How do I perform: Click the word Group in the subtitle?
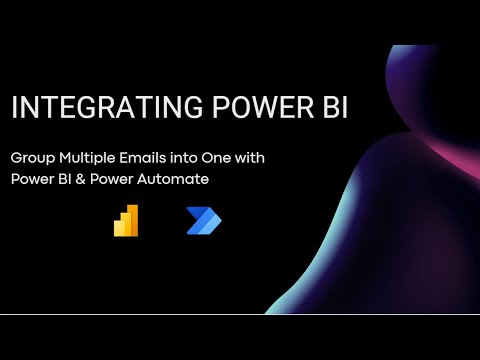point(33,159)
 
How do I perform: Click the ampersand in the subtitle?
point(88,180)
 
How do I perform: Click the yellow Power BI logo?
point(126,221)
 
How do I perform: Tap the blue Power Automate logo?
point(203,221)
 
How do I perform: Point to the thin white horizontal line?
point(240,314)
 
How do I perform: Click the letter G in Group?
point(16,159)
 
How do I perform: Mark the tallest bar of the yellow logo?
point(133,221)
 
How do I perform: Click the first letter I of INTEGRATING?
point(14,108)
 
